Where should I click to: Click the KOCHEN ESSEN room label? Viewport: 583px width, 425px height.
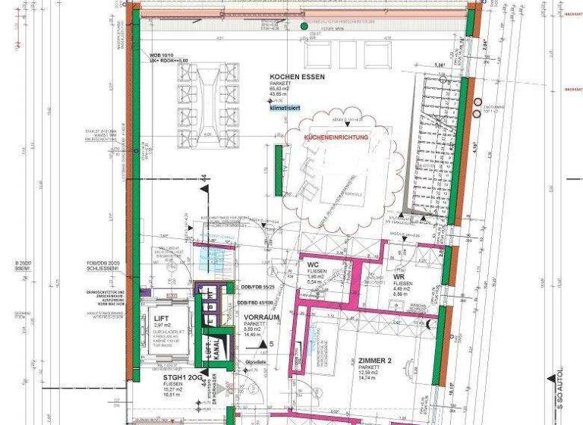click(x=297, y=77)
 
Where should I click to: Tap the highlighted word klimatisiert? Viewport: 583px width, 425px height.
click(x=285, y=109)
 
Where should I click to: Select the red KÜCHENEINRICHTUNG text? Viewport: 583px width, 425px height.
click(x=336, y=139)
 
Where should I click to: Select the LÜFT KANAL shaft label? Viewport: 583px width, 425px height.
click(x=213, y=349)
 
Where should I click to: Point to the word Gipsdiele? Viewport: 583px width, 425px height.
click(x=254, y=363)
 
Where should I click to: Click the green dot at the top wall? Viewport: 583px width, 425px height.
click(x=304, y=27)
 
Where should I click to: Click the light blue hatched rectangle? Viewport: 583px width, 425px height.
click(x=208, y=259)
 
